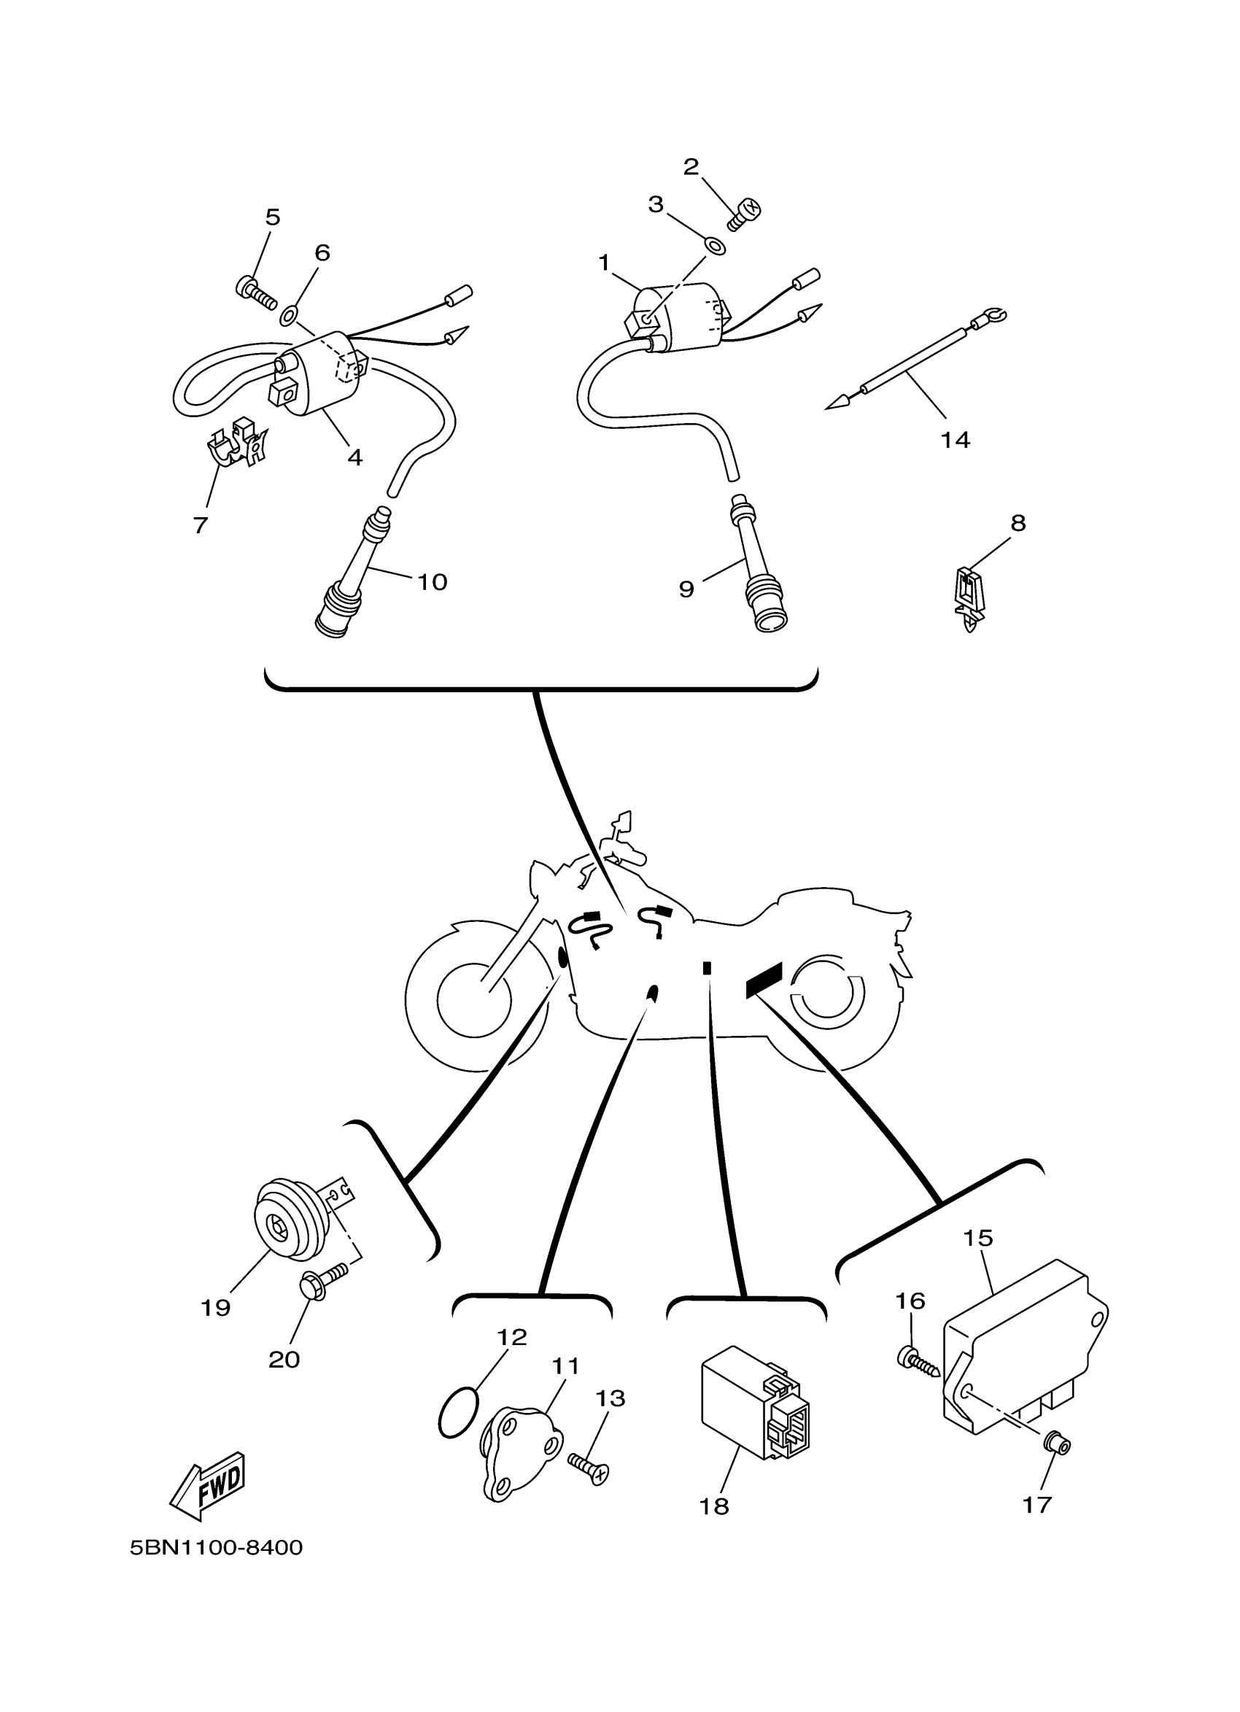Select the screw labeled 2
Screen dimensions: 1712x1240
pyautogui.click(x=745, y=213)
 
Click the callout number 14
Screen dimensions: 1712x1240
pyautogui.click(x=956, y=439)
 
